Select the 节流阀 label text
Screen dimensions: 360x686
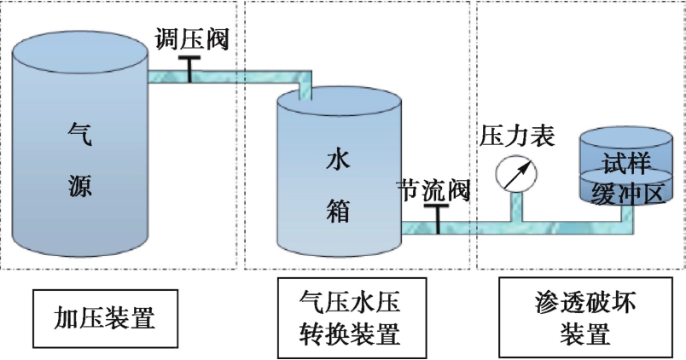[434, 190]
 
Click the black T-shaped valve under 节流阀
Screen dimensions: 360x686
[436, 218]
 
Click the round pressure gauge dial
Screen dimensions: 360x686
[517, 172]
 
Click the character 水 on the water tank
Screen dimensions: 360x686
[338, 159]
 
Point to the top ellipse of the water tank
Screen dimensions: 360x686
[339, 105]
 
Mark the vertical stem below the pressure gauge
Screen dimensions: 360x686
[516, 207]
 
